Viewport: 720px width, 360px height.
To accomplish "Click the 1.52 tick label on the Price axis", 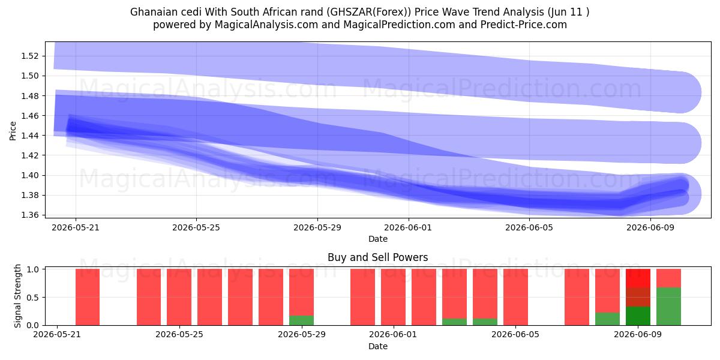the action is pyautogui.click(x=29, y=56).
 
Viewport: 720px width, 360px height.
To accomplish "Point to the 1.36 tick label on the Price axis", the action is pyautogui.click(x=29, y=215).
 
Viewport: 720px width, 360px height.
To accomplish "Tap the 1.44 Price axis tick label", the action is pyautogui.click(x=29, y=136).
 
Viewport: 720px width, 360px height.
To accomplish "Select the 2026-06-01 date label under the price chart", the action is pyautogui.click(x=408, y=227).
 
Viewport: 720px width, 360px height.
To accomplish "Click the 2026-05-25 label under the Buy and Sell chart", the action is pyautogui.click(x=179, y=335).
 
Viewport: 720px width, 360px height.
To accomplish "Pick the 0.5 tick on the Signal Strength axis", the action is pyautogui.click(x=33, y=298).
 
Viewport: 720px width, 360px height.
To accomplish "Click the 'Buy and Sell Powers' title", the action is pyautogui.click(x=377, y=257).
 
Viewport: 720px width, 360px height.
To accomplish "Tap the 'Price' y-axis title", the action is pyautogui.click(x=13, y=131).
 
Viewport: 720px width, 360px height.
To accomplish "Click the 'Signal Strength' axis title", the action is pyautogui.click(x=17, y=296).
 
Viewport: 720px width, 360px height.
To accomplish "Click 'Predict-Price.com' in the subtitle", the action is pyautogui.click(x=524, y=25).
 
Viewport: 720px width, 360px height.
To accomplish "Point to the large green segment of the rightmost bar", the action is pyautogui.click(x=668, y=307).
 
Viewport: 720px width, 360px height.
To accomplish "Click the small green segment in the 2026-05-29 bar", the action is pyautogui.click(x=301, y=320).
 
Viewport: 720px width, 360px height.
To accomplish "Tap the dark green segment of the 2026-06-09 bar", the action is pyautogui.click(x=638, y=316).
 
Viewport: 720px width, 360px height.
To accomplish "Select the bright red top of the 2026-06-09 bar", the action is pyautogui.click(x=638, y=278).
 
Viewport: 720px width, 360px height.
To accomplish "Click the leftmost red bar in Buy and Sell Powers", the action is pyautogui.click(x=88, y=297).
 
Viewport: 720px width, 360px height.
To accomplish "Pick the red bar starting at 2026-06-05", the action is pyautogui.click(x=515, y=297).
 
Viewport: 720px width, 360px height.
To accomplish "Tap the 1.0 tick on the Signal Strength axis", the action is pyautogui.click(x=33, y=269).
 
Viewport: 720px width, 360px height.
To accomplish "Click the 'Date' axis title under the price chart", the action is pyautogui.click(x=377, y=239).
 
